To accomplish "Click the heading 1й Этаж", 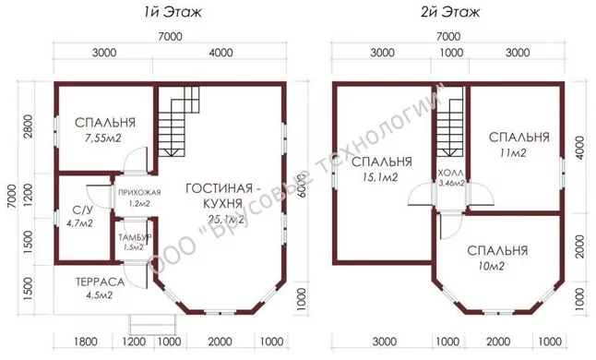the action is click(173, 12).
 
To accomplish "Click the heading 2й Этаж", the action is click(450, 12).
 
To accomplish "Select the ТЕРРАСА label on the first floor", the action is click(100, 282).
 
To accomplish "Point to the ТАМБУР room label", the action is click(135, 238).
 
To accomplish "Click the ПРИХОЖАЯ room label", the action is click(139, 192).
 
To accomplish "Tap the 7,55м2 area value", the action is click(103, 138).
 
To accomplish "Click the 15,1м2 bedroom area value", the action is click(380, 177).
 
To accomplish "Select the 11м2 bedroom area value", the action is click(513, 153).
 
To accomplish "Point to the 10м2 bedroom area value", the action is click(492, 267).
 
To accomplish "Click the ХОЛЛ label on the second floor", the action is click(451, 173).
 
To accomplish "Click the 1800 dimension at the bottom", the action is click(86, 342).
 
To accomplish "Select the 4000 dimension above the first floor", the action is click(221, 52).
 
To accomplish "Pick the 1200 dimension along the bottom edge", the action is click(134, 342).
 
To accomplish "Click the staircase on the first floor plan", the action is click(179, 122).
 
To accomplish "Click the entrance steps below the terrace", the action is click(153, 325).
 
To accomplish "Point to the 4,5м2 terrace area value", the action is click(100, 295).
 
